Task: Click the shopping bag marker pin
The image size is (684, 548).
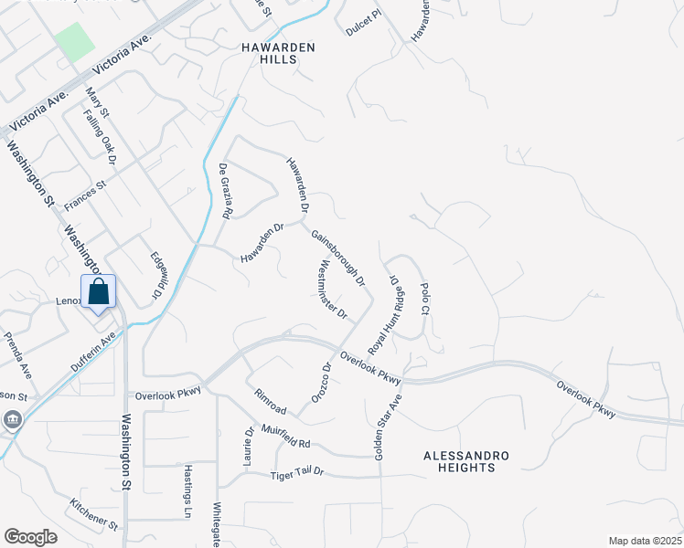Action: [99, 293]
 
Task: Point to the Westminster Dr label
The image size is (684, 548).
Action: [332, 291]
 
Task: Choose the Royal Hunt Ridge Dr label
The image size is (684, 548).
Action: [386, 314]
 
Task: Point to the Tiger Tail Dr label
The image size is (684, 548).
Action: [298, 474]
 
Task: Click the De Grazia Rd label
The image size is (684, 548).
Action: [225, 190]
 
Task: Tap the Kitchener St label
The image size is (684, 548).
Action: [95, 514]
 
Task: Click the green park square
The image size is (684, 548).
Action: [74, 42]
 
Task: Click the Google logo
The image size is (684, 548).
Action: [30, 537]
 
